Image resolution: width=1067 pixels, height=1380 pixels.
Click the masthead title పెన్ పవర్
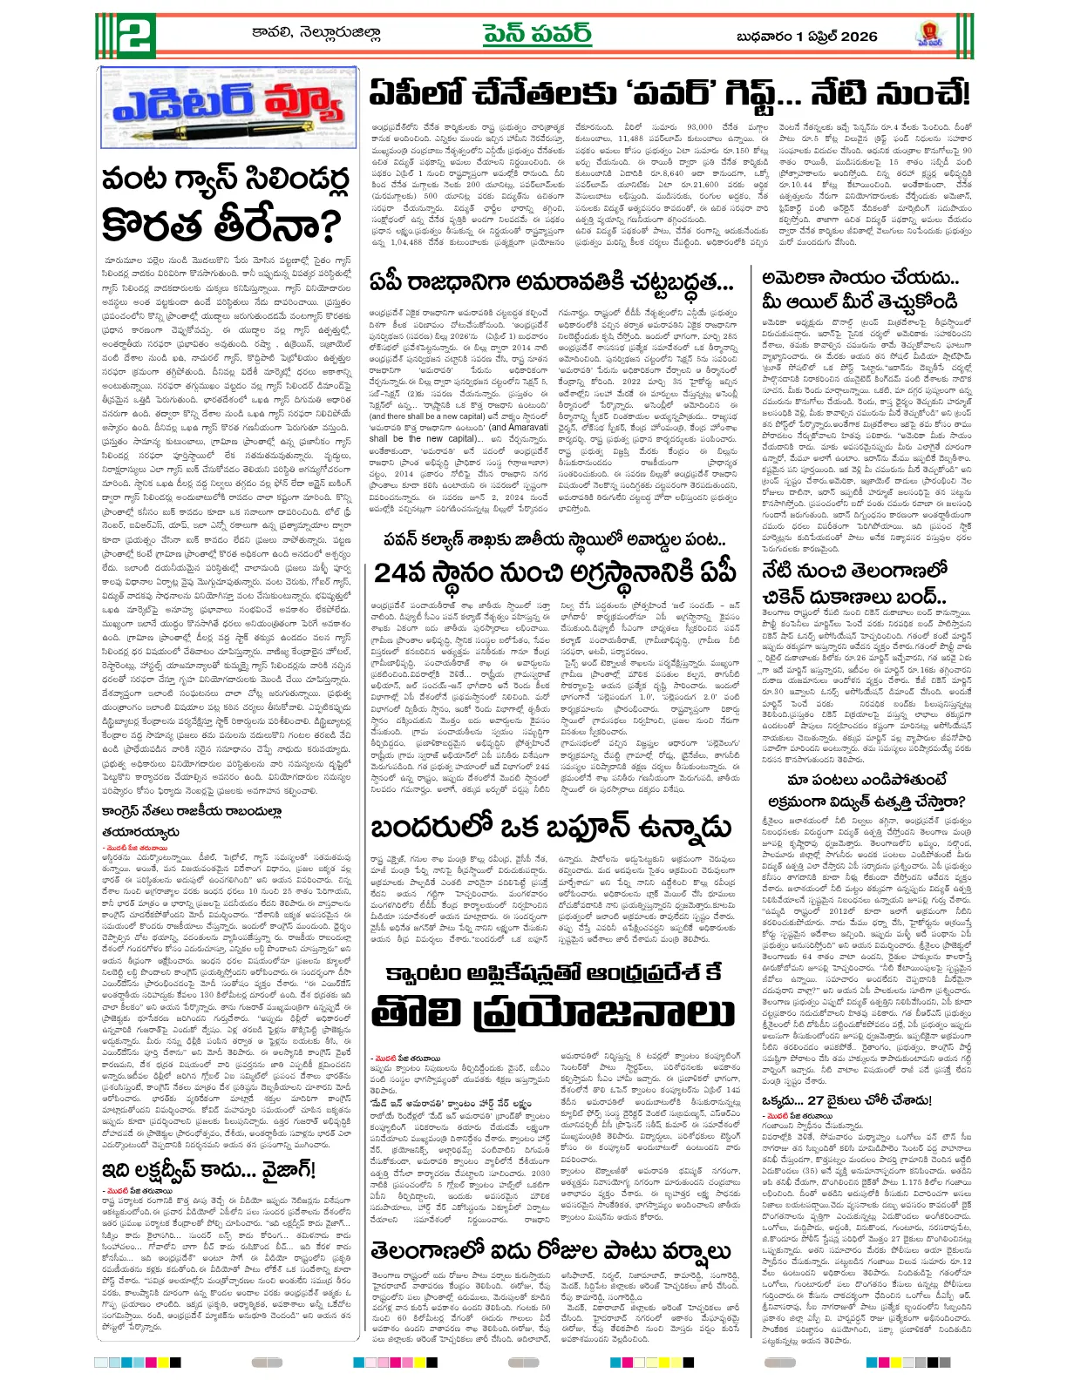[x=537, y=34]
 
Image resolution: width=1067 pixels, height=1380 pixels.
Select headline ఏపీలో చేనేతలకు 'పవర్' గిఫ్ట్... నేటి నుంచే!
[x=668, y=92]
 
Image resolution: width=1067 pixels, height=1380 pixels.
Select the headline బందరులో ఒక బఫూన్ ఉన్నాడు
[x=550, y=827]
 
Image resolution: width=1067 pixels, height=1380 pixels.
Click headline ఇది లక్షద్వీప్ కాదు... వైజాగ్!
[x=208, y=1169]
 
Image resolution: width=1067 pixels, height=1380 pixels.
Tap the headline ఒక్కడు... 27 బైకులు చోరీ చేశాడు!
[x=846, y=1100]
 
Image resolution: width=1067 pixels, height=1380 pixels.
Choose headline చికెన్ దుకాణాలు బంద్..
[x=853, y=597]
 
